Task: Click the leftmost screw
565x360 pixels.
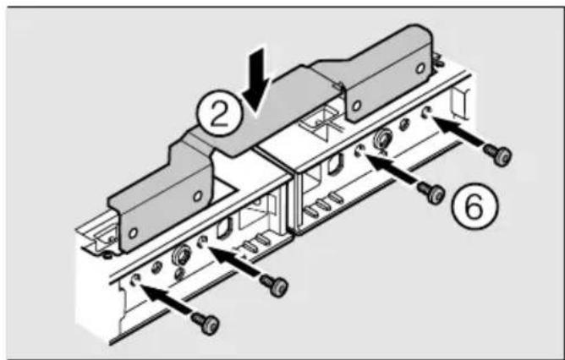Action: (206, 322)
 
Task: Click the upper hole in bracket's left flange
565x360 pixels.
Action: (197, 196)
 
